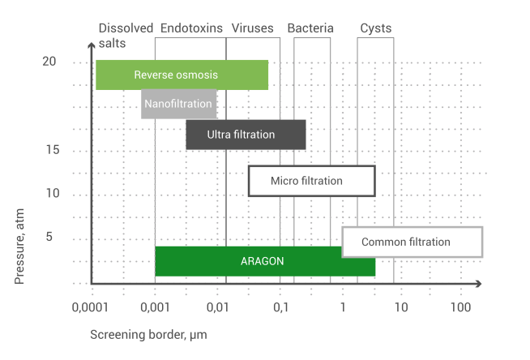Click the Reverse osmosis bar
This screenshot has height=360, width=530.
coord(182,75)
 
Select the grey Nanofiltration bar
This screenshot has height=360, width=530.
coord(179,104)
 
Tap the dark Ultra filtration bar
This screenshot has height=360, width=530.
coord(246,135)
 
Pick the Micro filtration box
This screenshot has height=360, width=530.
coord(312,181)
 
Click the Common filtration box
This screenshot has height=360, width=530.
coord(412,242)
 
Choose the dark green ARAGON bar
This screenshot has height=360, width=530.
coord(265,261)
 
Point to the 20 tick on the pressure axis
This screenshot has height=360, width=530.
coord(49,62)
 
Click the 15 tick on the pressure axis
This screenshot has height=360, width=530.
coord(53,150)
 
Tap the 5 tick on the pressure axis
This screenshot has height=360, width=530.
coord(49,237)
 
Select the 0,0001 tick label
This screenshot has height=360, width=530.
coord(90,307)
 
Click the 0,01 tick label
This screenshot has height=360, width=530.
coord(217,307)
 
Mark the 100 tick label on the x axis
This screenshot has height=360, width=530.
coord(460,307)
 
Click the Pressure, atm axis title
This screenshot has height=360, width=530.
coord(19,246)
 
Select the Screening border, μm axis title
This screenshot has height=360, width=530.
coord(148,335)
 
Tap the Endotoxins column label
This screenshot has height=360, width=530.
coord(191,28)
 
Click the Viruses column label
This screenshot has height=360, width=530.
coord(252,28)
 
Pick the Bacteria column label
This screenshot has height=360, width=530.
coord(310,28)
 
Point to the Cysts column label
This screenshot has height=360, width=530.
coord(375,28)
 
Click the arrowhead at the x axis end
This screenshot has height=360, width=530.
coord(478,284)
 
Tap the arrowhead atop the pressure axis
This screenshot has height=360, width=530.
coord(92,45)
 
